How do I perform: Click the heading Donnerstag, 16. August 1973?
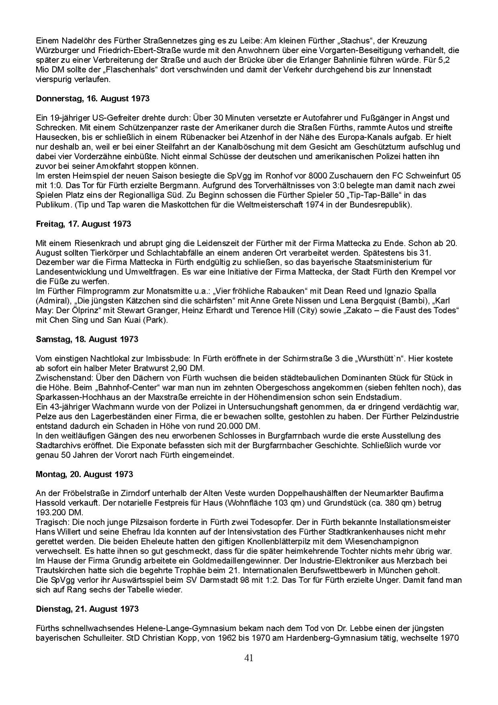click(92, 99)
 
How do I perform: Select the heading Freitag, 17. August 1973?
click(83, 224)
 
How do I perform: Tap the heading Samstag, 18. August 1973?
click(87, 339)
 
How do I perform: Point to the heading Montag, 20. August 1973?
click(84, 474)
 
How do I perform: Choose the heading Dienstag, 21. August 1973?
click(87, 609)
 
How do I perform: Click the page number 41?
click(249, 658)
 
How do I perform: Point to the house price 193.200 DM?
click(59, 512)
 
